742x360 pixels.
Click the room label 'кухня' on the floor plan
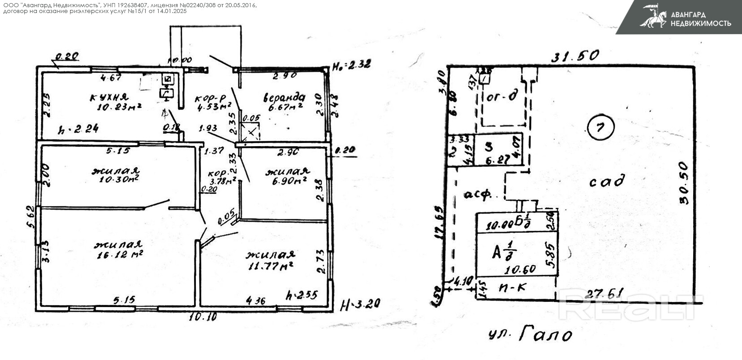pyautogui.click(x=109, y=97)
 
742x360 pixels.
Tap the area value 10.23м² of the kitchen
pyautogui.click(x=119, y=107)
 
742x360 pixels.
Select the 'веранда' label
pyautogui.click(x=284, y=97)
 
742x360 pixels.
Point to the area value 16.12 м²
pyautogui.click(x=120, y=255)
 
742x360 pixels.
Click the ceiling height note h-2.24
pyautogui.click(x=79, y=130)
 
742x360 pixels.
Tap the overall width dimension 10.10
pyautogui.click(x=203, y=317)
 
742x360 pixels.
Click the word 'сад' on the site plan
pyautogui.click(x=606, y=181)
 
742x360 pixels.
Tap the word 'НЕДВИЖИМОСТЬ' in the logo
pyautogui.click(x=700, y=23)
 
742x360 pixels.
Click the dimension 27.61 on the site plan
pyautogui.click(x=600, y=294)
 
